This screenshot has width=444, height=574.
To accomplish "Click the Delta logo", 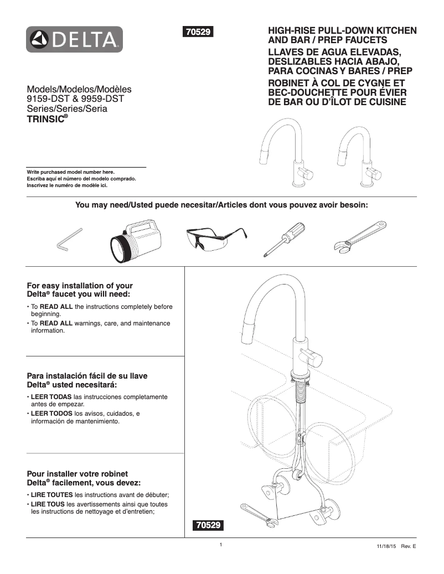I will (x=74, y=39).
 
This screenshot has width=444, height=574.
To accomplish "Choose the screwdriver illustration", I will (x=283, y=238).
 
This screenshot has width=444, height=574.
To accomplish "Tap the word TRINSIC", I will (x=46, y=119).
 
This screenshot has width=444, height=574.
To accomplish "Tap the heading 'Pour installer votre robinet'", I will (x=78, y=474).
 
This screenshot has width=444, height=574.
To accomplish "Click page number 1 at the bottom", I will (x=220, y=545).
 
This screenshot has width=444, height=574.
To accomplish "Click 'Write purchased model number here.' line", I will (x=70, y=172).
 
